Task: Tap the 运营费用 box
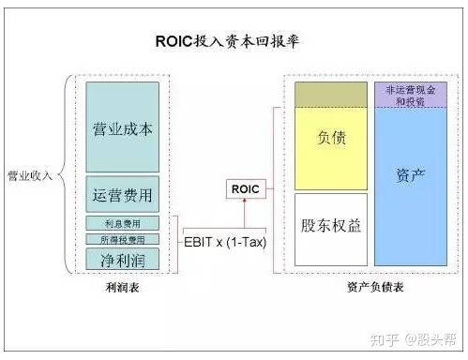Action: [122, 196]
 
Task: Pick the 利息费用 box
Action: [122, 223]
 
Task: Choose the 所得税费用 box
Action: [122, 239]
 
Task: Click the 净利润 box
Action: [122, 257]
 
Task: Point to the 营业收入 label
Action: [30, 174]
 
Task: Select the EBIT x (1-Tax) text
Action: [222, 241]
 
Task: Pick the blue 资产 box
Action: [412, 175]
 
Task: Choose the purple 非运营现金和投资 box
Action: [412, 95]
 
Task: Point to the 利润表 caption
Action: [122, 288]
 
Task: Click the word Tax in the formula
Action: [249, 241]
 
